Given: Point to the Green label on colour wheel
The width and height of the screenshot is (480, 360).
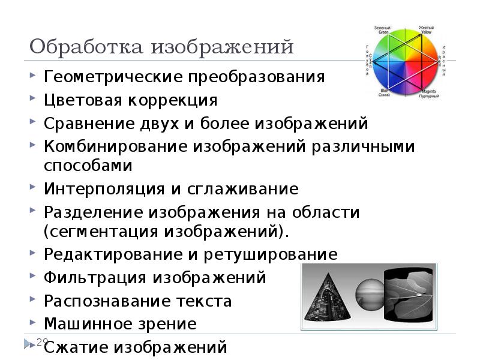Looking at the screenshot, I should coord(382,31).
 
